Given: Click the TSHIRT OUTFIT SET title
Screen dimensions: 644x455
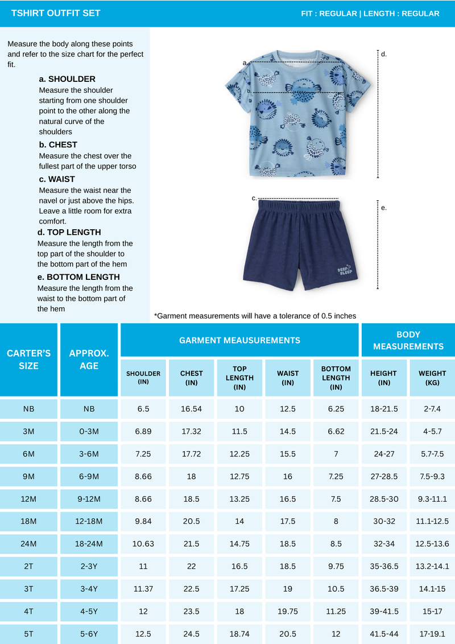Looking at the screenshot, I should pyautogui.click(x=56, y=13).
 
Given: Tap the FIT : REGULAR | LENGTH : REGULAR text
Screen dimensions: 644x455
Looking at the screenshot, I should pyautogui.click(x=370, y=14).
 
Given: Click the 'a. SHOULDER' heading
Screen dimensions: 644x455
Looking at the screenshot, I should pyautogui.click(x=67, y=79).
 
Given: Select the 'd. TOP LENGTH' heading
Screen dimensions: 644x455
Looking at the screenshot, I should pyautogui.click(x=69, y=232).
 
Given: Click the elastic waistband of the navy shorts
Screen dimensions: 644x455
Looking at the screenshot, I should pyautogui.click(x=299, y=205).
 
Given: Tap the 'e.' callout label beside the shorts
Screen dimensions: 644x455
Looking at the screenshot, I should pyautogui.click(x=384, y=208).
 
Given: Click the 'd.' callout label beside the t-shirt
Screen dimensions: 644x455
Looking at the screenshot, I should pyautogui.click(x=384, y=54).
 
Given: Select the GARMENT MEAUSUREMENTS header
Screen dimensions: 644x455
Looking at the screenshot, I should pyautogui.click(x=239, y=340).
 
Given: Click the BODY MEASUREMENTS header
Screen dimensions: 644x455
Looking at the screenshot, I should pyautogui.click(x=408, y=340).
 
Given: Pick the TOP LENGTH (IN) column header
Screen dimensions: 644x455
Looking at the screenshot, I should pyautogui.click(x=239, y=378).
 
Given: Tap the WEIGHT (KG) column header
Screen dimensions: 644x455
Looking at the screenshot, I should pyautogui.click(x=432, y=378).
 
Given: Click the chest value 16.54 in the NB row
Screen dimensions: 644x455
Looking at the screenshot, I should pyautogui.click(x=191, y=408).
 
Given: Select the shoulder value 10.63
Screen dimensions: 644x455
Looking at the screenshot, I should pyautogui.click(x=143, y=543).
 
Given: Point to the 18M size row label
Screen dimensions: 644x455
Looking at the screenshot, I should pyautogui.click(x=28, y=521).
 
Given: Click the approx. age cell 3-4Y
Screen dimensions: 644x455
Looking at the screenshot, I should pyautogui.click(x=89, y=588).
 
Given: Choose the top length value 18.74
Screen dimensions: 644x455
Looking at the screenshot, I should pyautogui.click(x=239, y=633).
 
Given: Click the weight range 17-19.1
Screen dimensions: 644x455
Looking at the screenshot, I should pyautogui.click(x=432, y=633).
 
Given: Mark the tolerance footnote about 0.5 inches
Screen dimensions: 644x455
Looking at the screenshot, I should pyautogui.click(x=255, y=316).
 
